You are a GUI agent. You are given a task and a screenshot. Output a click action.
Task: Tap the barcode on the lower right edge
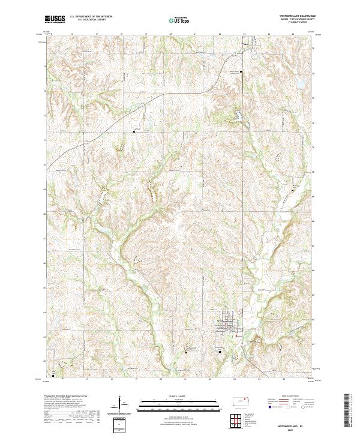click(346, 412)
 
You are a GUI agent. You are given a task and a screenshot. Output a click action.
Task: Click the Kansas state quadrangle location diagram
click(243, 400)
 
